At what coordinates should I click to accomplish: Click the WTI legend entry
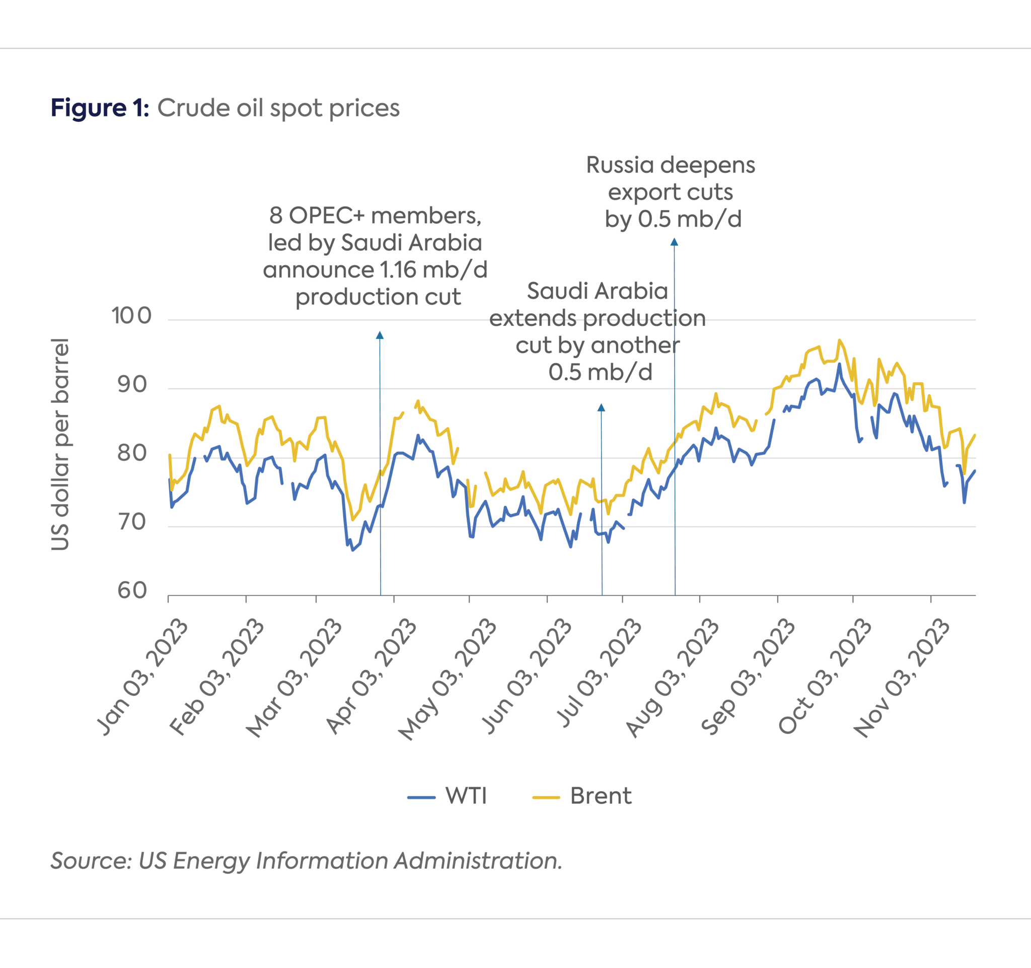click(465, 796)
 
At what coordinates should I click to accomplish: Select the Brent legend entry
click(600, 796)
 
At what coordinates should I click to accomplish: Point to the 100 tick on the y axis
click(132, 315)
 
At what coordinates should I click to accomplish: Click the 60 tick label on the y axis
click(132, 590)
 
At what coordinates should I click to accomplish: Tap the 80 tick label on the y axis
click(132, 453)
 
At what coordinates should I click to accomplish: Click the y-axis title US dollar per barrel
click(60, 444)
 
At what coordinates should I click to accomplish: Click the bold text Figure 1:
click(100, 108)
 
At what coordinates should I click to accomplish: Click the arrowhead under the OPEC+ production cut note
click(380, 335)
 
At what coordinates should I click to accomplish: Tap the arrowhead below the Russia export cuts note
click(674, 242)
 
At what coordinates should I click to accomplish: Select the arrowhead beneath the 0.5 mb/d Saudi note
click(601, 408)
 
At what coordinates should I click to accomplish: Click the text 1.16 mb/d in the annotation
click(433, 270)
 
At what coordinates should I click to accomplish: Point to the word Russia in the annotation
click(620, 165)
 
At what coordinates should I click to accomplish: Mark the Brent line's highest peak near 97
click(839, 340)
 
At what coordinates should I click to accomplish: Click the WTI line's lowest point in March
click(353, 550)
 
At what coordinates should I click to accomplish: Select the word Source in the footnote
click(91, 861)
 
